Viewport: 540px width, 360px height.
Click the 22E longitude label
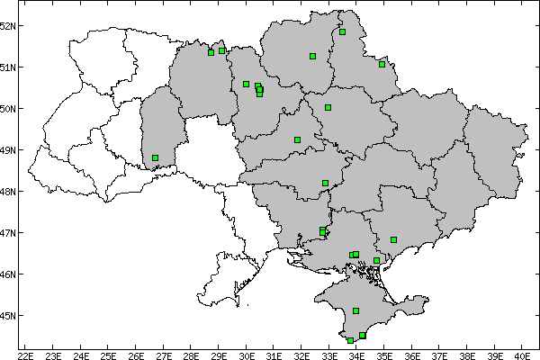pos(26,353)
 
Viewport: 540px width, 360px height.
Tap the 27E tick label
pos(163,353)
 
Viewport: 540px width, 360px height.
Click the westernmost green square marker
pos(155,158)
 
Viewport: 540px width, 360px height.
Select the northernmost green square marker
pos(342,31)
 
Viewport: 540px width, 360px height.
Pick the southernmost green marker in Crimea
pos(350,340)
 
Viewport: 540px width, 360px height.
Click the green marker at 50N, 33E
pos(328,107)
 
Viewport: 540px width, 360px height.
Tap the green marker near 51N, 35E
pos(382,64)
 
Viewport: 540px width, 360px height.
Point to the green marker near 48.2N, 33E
pos(325,183)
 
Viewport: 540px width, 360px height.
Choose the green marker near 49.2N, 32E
pos(297,139)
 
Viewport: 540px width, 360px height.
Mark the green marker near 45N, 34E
pos(355,310)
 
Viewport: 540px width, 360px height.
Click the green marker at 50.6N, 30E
pos(246,84)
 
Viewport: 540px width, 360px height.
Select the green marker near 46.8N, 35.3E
pos(393,239)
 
